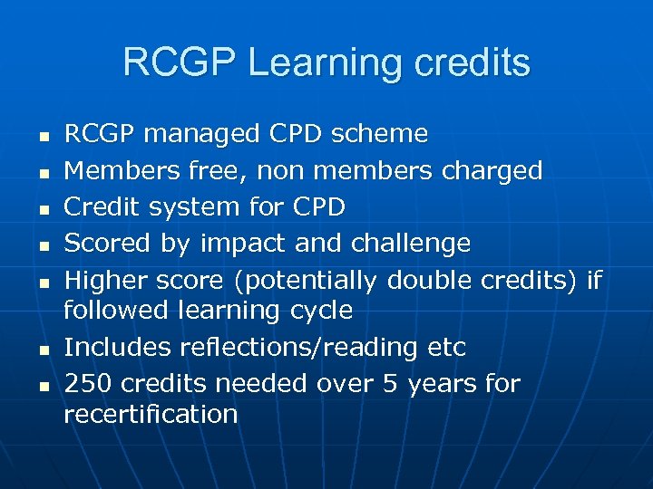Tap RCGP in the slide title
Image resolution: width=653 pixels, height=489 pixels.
[x=178, y=62]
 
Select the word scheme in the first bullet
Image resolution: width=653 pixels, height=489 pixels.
[x=381, y=134]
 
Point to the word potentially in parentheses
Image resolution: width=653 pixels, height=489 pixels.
[x=308, y=281]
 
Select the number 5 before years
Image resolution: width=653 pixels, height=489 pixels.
[x=391, y=384]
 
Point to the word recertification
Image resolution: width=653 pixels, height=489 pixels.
[x=151, y=414]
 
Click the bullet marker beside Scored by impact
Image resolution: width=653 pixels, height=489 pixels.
[x=43, y=245]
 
